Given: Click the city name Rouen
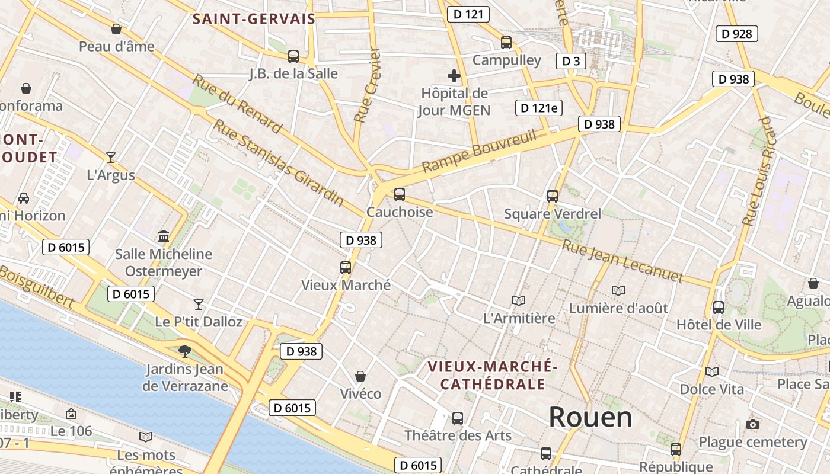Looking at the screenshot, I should pyautogui.click(x=590, y=417).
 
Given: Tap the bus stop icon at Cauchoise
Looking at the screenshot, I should pyautogui.click(x=400, y=194).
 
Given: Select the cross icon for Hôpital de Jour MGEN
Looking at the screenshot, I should pyautogui.click(x=454, y=76).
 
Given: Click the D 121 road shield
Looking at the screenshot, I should pyautogui.click(x=468, y=14).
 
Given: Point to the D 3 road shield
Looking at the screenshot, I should pyautogui.click(x=571, y=60).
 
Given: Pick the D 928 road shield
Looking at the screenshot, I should pyautogui.click(x=737, y=34).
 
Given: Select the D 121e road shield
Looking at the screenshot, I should pyautogui.click(x=539, y=108).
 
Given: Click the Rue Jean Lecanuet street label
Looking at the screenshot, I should pyautogui.click(x=622, y=261).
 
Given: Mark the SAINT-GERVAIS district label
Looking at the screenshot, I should pyautogui.click(x=254, y=19).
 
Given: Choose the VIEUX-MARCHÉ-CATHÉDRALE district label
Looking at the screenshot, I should pyautogui.click(x=493, y=375).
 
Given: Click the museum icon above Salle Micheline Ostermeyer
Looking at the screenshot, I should pyautogui.click(x=164, y=236).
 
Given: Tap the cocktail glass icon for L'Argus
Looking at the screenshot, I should pyautogui.click(x=111, y=157).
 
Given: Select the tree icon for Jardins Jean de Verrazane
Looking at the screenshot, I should pyautogui.click(x=185, y=351).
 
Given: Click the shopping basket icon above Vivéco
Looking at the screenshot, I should pyautogui.click(x=360, y=376).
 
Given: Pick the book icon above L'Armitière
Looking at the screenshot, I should pyautogui.click(x=519, y=300).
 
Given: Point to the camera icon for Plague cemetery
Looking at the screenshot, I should pyautogui.click(x=753, y=424).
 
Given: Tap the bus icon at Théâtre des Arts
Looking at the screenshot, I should pyautogui.click(x=458, y=418).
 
